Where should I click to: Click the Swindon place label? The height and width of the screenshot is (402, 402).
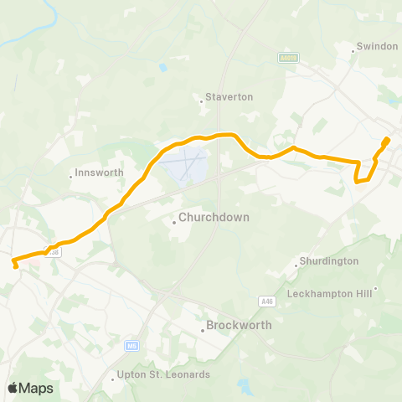377,46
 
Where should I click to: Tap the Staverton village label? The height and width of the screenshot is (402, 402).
232,97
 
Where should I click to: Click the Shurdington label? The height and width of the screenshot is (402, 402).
330,261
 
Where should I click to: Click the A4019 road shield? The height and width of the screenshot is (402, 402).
287,58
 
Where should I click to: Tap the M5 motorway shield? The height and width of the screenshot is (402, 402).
131,344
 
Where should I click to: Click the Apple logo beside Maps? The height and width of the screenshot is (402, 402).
12,388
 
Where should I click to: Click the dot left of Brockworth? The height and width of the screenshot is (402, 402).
203,329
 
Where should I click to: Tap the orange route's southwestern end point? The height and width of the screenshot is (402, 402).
15,265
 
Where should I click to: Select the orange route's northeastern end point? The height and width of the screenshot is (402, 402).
386,140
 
